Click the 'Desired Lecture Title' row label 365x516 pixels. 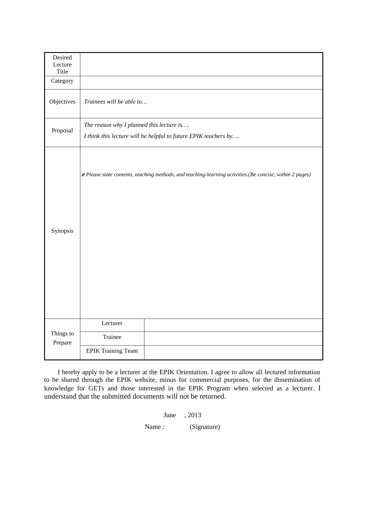(62, 64)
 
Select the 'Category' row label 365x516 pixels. (62, 81)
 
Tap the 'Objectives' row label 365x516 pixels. (62, 102)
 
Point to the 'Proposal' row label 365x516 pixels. (62, 130)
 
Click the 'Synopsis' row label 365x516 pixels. (62, 231)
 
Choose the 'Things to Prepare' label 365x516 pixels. (62, 338)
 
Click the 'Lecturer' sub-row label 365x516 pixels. (112, 323)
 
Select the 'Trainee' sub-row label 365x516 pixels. (112, 337)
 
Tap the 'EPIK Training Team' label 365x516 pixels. (112, 351)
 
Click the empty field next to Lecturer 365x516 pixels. (233, 325)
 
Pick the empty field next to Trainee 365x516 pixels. (233, 339)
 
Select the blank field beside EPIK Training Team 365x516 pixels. (233, 352)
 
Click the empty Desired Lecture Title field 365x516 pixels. (201, 64)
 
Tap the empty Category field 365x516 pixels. (201, 83)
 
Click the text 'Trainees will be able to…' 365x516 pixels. (116, 102)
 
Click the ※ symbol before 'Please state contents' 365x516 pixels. (83, 175)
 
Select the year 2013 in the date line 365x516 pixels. (194, 415)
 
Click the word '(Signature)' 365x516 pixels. (205, 427)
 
